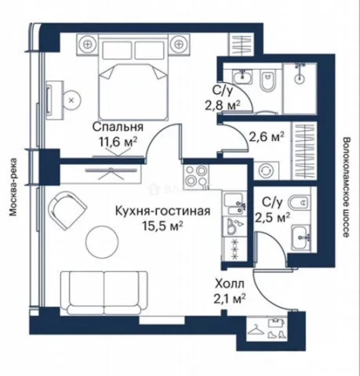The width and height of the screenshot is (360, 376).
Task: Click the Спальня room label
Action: point(118,127)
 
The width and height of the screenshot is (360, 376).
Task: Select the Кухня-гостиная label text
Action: point(163,211)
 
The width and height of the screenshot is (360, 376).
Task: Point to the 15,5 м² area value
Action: point(163,226)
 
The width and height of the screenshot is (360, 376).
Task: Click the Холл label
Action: point(230,284)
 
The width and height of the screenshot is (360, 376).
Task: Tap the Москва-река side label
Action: point(14,187)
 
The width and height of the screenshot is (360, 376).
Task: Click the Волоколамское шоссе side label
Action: point(346,187)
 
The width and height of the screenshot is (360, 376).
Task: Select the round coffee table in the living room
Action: point(102,242)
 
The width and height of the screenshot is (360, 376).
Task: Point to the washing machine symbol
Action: point(266,171)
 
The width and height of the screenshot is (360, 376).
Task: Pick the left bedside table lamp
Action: point(87,44)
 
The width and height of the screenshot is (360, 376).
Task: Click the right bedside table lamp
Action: point(179,44)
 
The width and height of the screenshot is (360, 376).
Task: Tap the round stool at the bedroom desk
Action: point(71,100)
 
